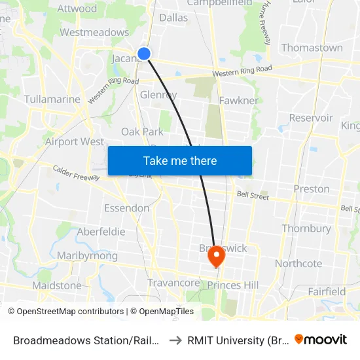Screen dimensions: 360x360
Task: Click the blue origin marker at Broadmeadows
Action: point(144,54)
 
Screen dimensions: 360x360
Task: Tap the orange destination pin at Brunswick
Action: point(216,258)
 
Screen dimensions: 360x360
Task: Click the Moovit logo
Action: point(321,339)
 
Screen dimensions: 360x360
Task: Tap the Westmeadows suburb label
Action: point(94,32)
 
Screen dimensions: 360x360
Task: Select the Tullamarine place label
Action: point(52,99)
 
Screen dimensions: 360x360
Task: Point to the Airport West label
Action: point(75,141)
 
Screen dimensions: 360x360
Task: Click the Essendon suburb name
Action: point(126,208)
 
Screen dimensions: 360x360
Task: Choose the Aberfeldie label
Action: point(101,232)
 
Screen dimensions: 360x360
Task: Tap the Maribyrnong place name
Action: point(87,255)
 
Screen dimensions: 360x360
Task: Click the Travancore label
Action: point(173,283)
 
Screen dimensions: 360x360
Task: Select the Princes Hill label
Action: point(233,285)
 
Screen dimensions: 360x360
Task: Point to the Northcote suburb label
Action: point(298,263)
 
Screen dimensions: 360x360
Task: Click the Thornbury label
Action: point(306,228)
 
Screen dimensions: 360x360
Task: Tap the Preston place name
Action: point(312,189)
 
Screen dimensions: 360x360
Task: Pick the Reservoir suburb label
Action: point(311,118)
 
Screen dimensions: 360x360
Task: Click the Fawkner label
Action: point(239,100)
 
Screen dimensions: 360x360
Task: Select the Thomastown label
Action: point(312,48)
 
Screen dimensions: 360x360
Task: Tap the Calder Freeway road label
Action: point(75,172)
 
